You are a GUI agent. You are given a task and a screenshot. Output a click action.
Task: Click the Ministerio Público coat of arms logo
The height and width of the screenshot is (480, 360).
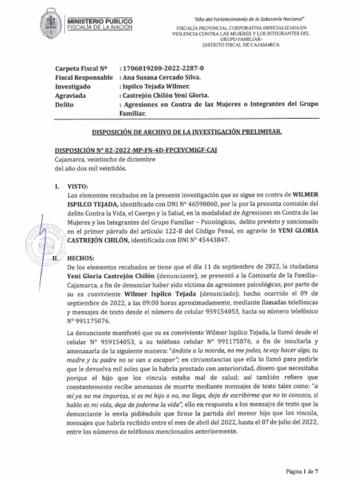[50, 23]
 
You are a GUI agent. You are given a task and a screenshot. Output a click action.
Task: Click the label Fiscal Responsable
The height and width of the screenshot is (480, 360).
[84, 77]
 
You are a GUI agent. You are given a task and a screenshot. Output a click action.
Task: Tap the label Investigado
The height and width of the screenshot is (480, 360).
[73, 87]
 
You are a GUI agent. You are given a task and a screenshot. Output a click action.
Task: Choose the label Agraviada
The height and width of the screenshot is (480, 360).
[70, 96]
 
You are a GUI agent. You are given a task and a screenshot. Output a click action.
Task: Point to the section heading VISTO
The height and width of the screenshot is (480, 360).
[77, 186]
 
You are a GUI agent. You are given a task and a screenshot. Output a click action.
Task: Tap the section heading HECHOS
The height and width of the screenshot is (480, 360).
[81, 258]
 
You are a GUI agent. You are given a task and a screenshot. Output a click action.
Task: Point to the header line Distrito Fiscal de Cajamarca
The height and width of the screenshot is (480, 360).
[240, 45]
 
